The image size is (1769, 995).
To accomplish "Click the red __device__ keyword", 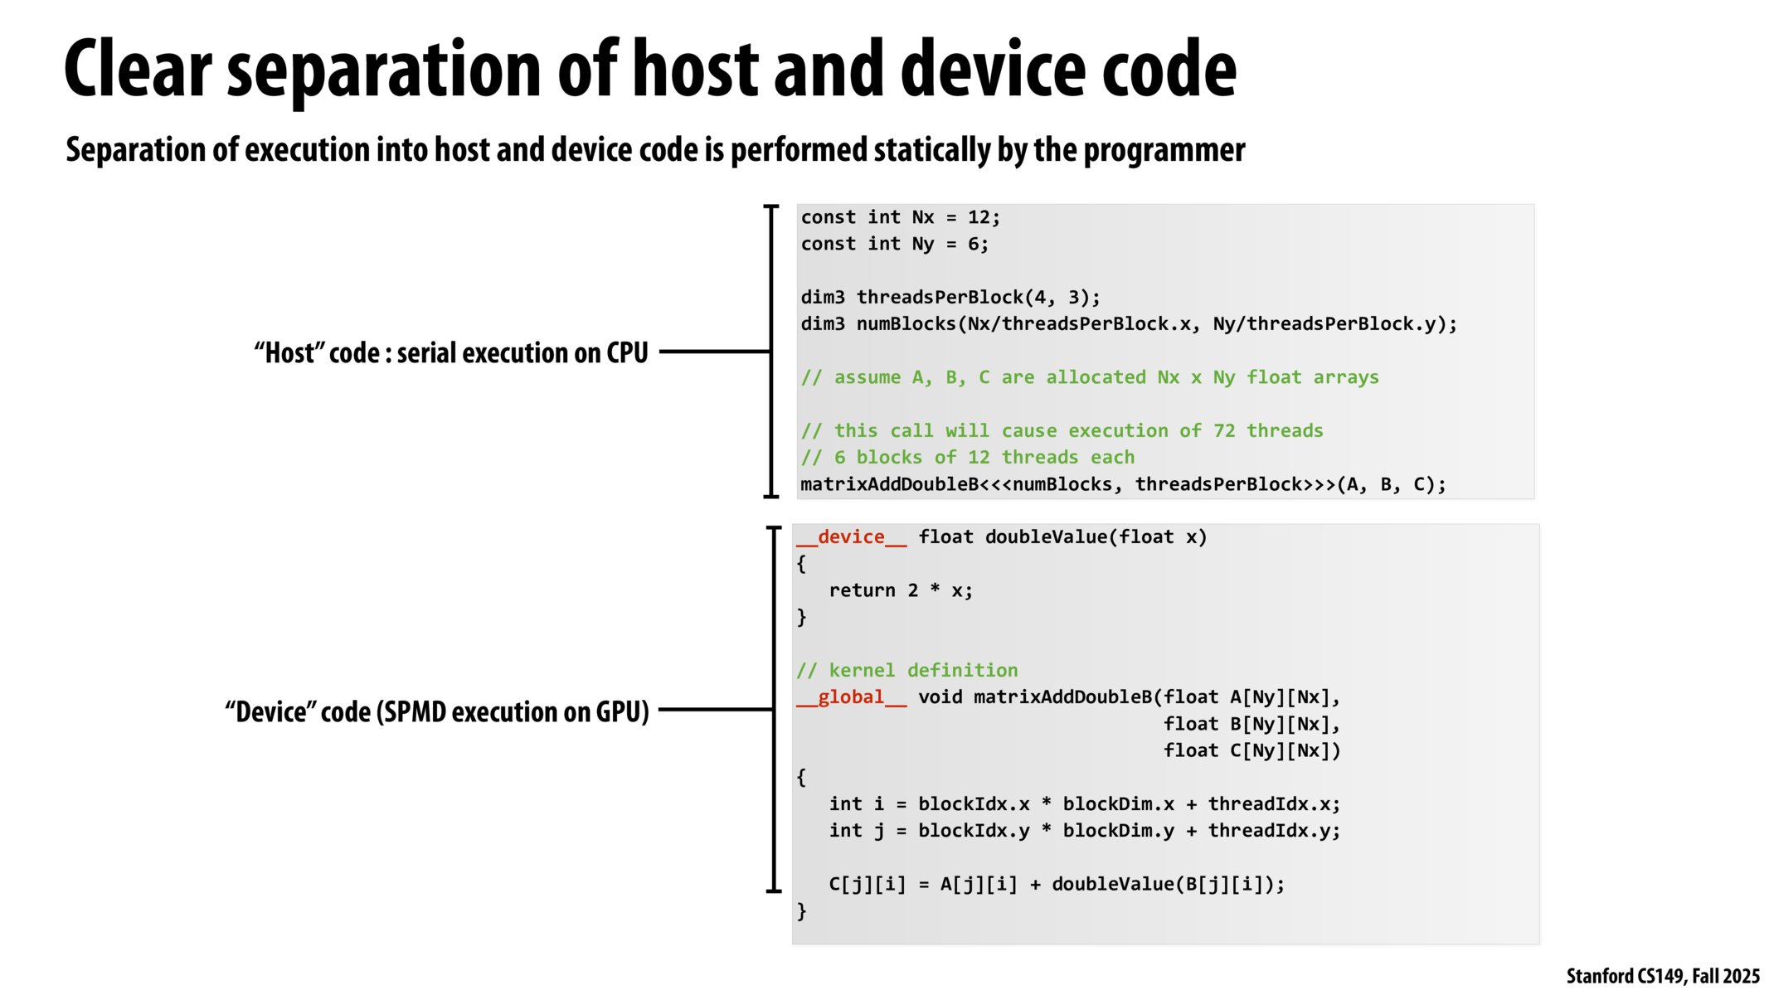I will pyautogui.click(x=851, y=537).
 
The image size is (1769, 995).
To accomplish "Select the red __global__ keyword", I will pyautogui.click(x=851, y=697).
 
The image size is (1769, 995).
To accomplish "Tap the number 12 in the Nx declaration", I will pyautogui.click(x=979, y=217).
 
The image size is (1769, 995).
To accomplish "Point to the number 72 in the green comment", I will pyautogui.click(x=1224, y=431).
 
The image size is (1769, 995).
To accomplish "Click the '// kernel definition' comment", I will pyautogui.click(x=906, y=670).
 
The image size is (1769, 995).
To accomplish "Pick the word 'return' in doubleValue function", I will pyautogui.click(x=862, y=590).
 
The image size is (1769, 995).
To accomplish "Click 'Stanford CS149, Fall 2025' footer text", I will pyautogui.click(x=1662, y=976).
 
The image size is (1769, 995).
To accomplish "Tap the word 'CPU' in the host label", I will pyautogui.click(x=627, y=353).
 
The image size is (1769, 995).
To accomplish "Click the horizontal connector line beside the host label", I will pyautogui.click(x=713, y=352).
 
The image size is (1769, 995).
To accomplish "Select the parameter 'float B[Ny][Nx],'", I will pyautogui.click(x=1251, y=724).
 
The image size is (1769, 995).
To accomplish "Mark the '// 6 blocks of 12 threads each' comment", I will pyautogui.click(x=967, y=458).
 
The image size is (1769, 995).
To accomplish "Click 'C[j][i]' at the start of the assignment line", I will pyautogui.click(x=867, y=885).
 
